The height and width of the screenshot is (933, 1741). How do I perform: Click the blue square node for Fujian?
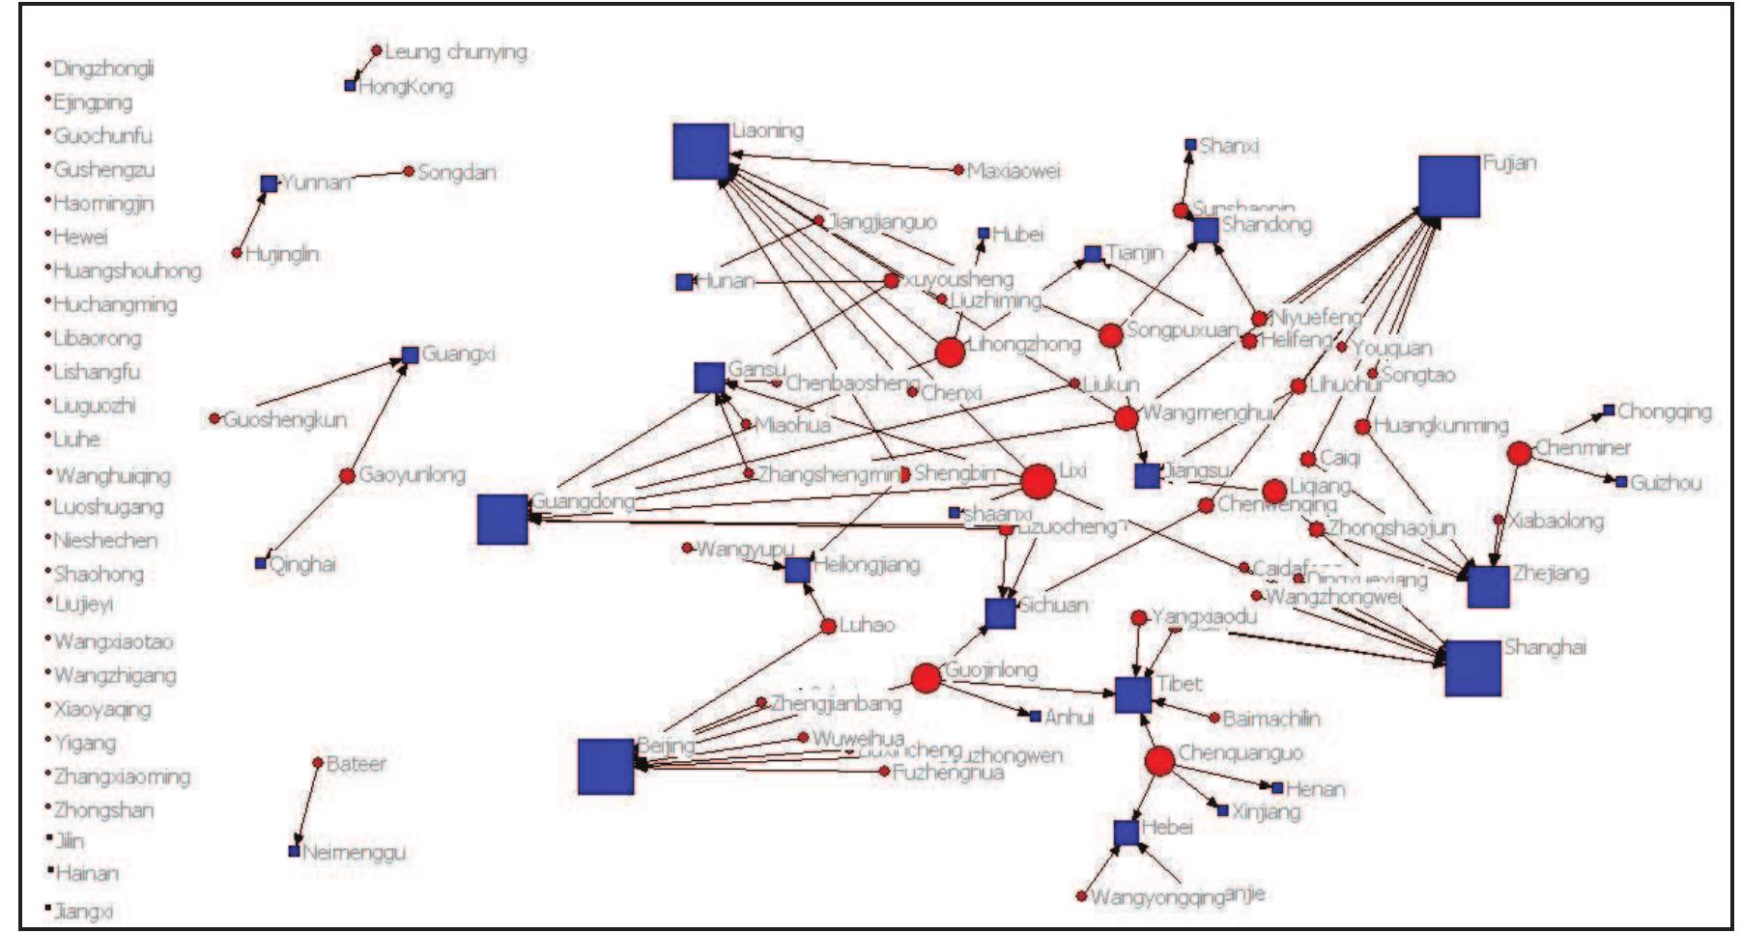pos(1448,186)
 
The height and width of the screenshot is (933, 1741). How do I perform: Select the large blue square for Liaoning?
pos(700,152)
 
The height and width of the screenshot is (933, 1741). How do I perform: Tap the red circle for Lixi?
pos(1038,481)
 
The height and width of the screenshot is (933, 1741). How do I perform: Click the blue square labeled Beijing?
pos(606,767)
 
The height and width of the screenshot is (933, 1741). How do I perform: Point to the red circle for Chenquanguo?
pos(1159,761)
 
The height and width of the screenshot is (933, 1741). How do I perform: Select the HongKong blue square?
pos(351,86)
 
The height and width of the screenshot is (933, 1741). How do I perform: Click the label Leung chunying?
pos(455,51)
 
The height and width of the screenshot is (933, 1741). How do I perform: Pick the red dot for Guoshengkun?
pos(214,418)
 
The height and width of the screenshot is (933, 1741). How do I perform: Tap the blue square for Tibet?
pos(1132,694)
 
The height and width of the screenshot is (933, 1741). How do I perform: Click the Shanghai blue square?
pos(1472,667)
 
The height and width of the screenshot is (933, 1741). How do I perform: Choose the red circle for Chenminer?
pos(1519,453)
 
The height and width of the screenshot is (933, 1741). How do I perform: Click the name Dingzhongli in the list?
pos(102,68)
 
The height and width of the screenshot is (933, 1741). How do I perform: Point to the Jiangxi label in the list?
pos(83,911)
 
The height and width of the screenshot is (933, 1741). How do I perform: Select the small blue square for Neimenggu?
pos(294,851)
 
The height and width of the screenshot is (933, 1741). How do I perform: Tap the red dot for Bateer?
pos(318,762)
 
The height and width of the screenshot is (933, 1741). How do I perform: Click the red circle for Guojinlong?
pos(926,678)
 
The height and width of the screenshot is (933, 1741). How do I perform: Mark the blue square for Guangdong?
pos(502,519)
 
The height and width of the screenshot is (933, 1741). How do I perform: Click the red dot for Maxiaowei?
pos(958,170)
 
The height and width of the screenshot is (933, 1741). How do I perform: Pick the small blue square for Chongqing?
pos(1609,410)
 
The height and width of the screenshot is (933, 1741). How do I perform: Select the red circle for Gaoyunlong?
pos(347,475)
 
